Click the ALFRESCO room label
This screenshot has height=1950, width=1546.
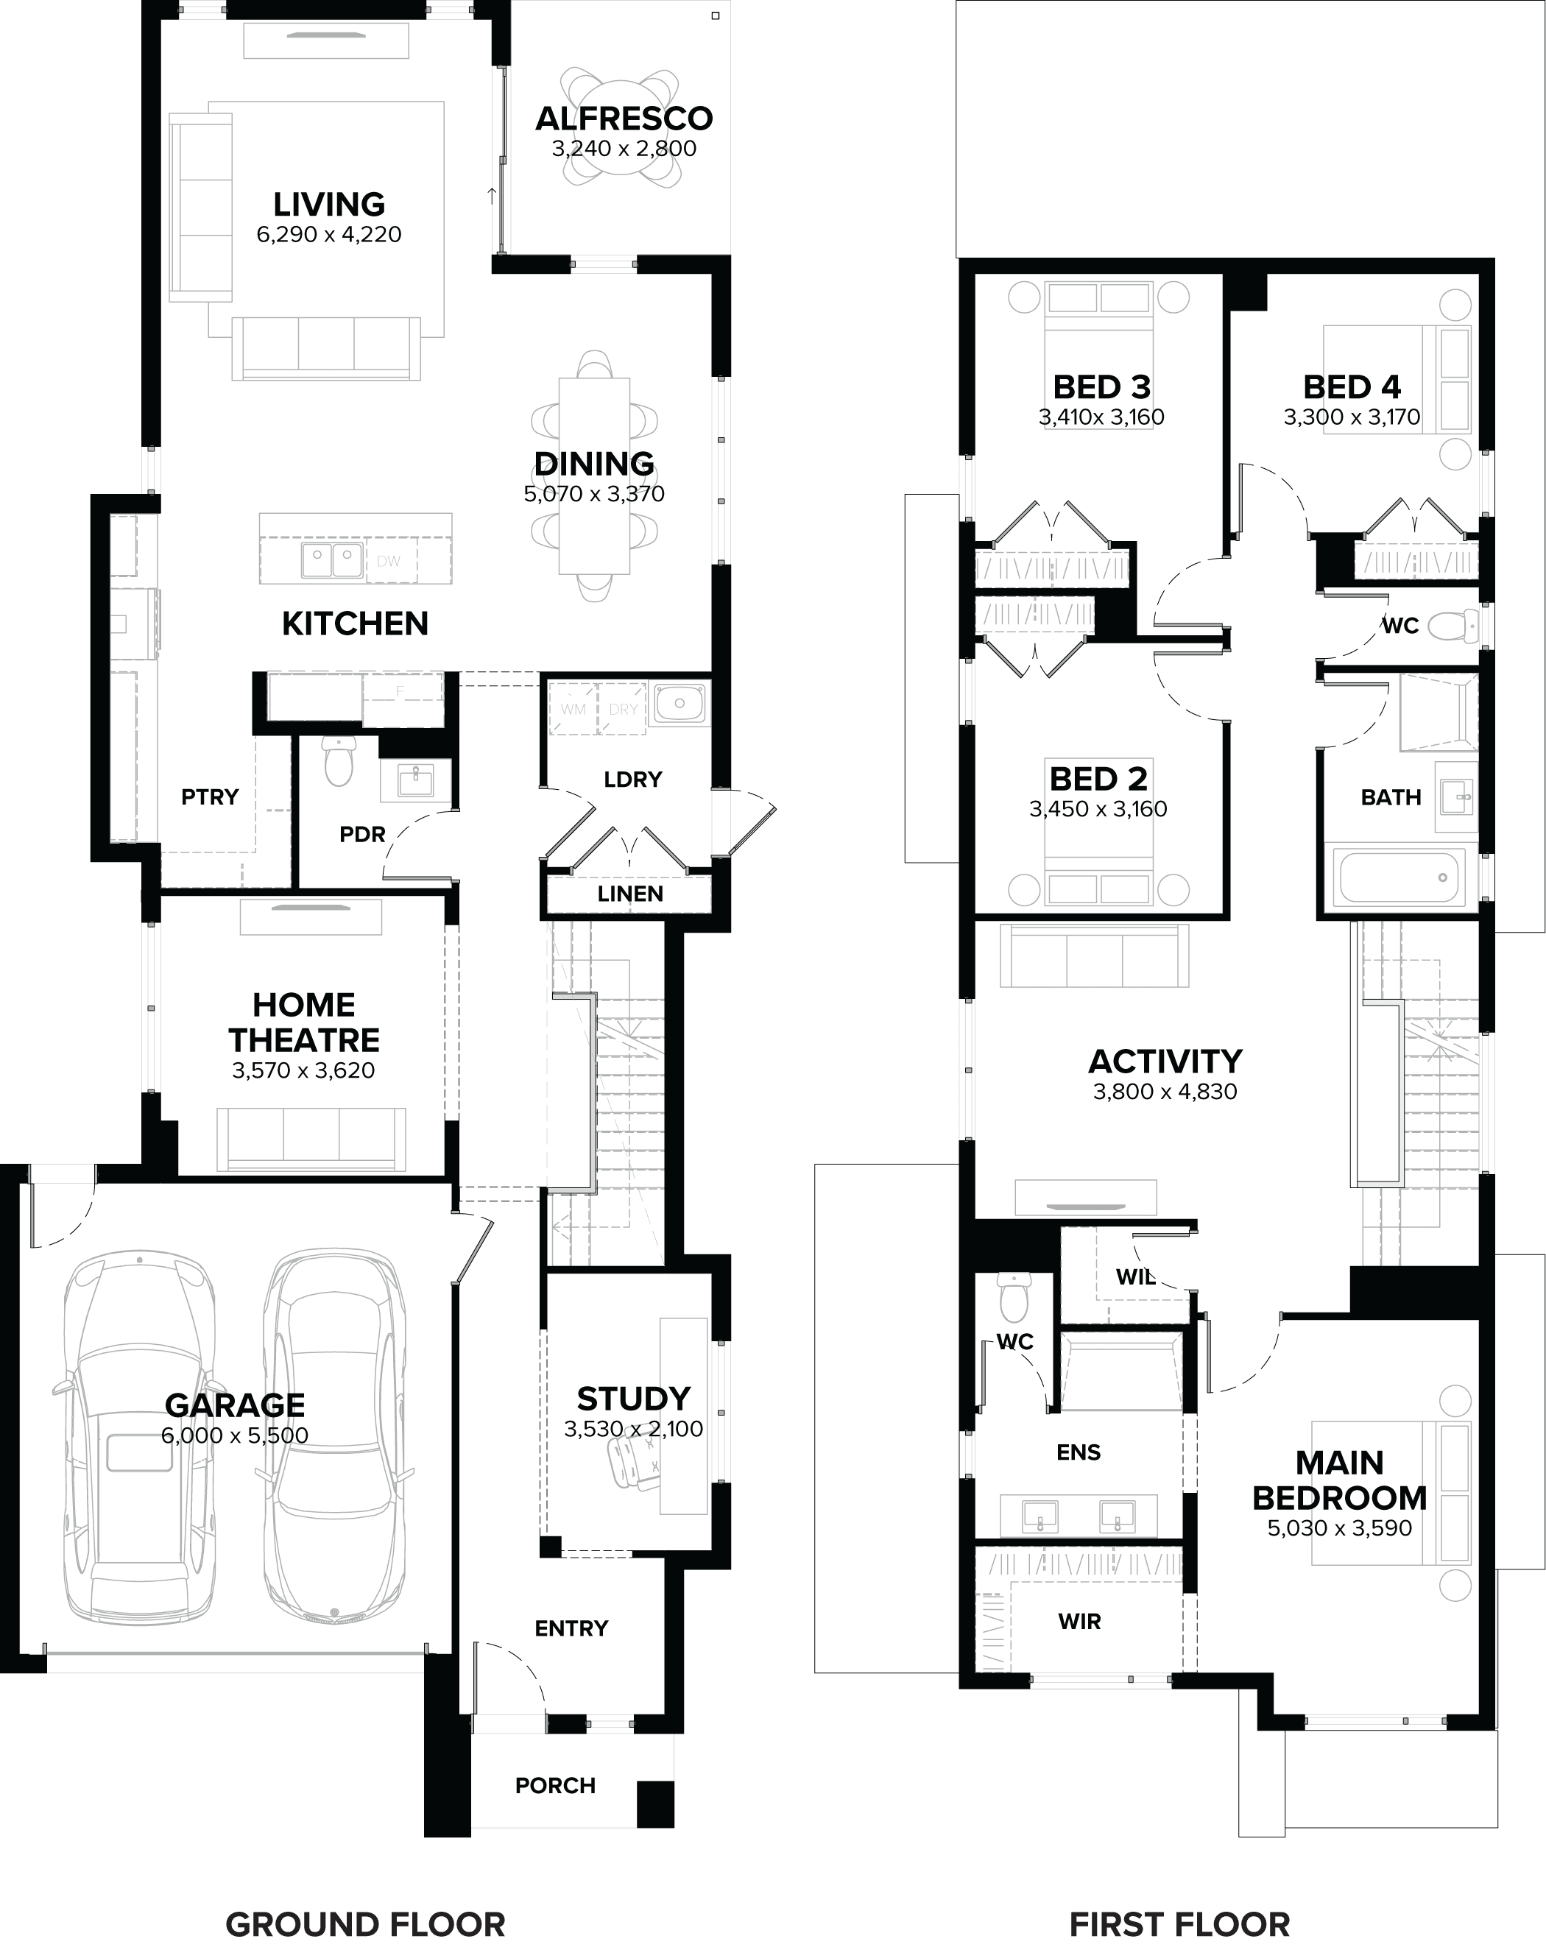624,119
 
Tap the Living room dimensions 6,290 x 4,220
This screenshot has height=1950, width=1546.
328,234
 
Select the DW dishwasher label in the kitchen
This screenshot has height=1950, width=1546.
388,561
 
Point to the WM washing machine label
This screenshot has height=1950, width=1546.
573,709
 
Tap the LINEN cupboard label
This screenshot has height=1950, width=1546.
629,894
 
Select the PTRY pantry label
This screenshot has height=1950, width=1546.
210,796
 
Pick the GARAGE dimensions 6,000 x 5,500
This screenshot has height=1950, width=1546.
234,1435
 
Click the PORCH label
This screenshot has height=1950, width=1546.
555,1785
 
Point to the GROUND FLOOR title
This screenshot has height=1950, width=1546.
364,1923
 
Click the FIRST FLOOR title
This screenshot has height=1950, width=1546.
1179,1923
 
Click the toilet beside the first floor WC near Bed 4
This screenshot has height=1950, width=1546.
1453,626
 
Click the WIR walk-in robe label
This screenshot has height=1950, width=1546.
1079,1621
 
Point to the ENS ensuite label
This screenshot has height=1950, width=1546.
1079,1452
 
